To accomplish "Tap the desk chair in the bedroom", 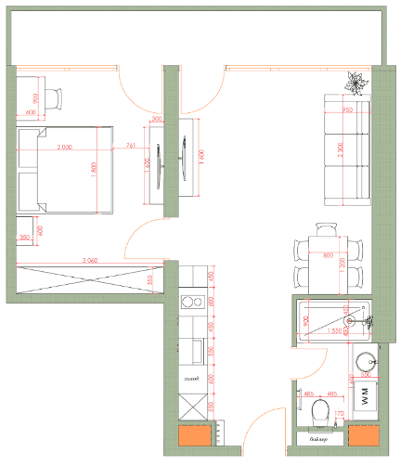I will [56, 97].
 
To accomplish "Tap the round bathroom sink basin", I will [364, 358].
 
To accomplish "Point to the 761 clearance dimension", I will [130, 146].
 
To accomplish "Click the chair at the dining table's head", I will [326, 227].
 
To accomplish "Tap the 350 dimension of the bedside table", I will [24, 239].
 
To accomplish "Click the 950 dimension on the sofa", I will [347, 110].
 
